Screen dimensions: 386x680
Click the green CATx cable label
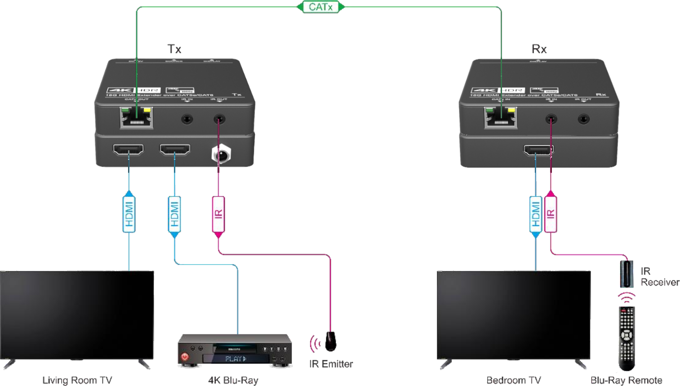[x=321, y=7]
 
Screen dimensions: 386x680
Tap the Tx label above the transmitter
[x=174, y=49]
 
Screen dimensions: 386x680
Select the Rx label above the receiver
[x=539, y=49]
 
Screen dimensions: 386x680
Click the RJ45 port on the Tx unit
[x=136, y=117]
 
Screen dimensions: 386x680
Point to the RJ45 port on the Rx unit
[x=500, y=117]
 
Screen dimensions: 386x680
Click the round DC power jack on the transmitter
[x=221, y=155]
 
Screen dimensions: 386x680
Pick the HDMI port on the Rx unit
[x=538, y=151]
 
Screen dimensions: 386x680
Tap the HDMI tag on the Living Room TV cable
[x=129, y=214]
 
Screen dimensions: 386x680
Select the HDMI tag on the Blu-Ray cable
[x=174, y=214]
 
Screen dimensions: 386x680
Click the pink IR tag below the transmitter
[x=218, y=214]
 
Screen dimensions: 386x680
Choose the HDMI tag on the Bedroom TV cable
[x=536, y=214]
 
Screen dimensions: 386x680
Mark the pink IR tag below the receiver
[x=551, y=214]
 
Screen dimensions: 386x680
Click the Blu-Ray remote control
[x=627, y=337]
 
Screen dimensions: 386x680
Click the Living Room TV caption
[x=77, y=381]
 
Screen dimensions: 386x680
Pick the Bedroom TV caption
[x=513, y=381]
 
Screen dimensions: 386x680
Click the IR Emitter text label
[x=331, y=364]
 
